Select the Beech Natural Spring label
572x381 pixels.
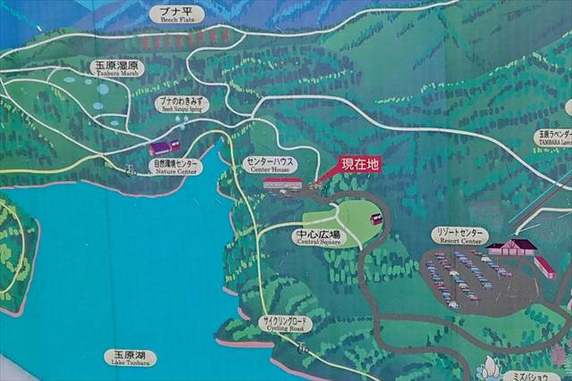click(181, 104)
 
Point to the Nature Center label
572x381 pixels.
click(175, 165)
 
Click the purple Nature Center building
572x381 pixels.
click(164, 146)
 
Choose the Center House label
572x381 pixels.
click(269, 164)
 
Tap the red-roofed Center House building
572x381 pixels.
click(282, 184)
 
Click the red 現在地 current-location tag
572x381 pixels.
click(360, 165)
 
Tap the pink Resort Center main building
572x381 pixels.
click(513, 247)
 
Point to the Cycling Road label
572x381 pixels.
click(284, 324)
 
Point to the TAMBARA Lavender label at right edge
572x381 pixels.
click(555, 137)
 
